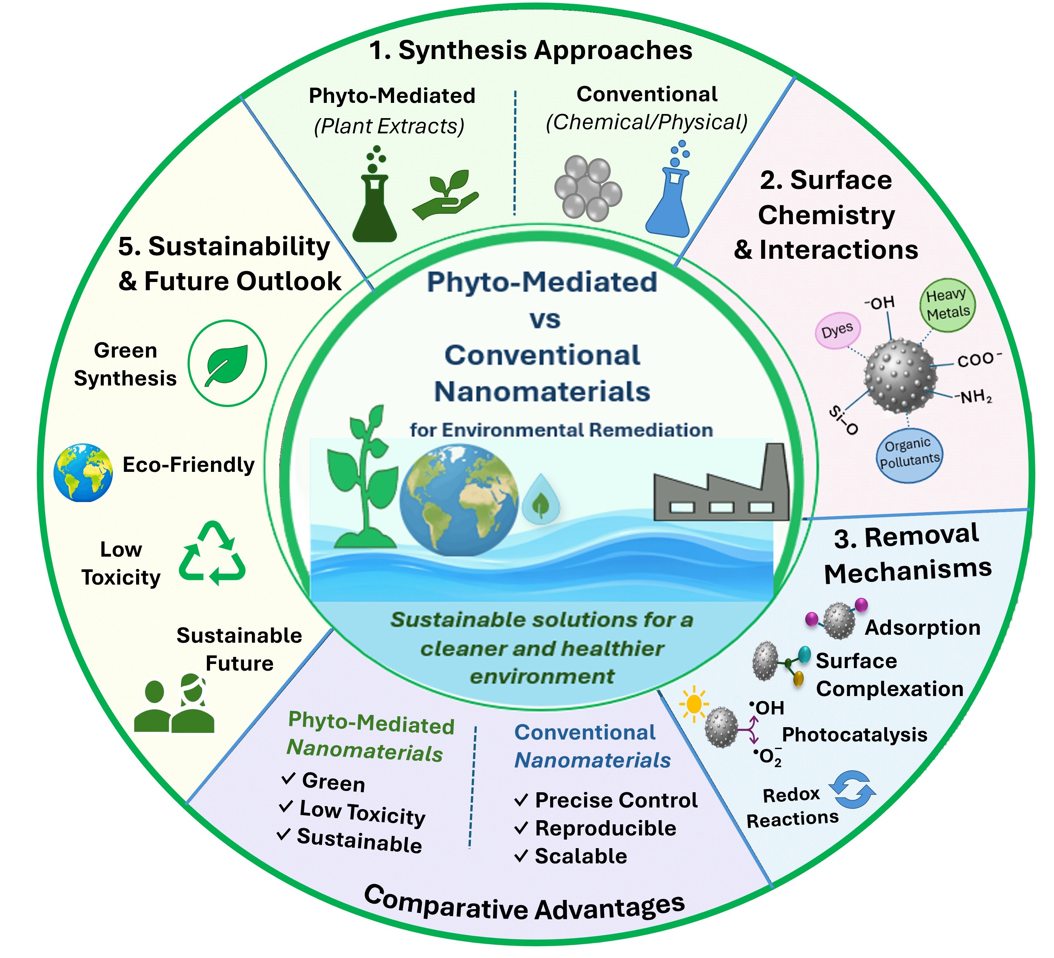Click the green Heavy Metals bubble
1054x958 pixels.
click(948, 305)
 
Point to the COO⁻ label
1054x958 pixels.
click(979, 358)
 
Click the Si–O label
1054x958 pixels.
click(843, 419)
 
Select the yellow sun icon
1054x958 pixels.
click(694, 704)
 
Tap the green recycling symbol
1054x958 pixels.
click(212, 553)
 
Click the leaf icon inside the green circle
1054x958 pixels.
click(227, 365)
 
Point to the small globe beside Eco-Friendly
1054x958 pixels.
click(82, 472)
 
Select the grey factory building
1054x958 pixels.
click(721, 482)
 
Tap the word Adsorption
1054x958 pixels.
click(923, 627)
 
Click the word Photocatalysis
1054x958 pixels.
click(855, 734)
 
